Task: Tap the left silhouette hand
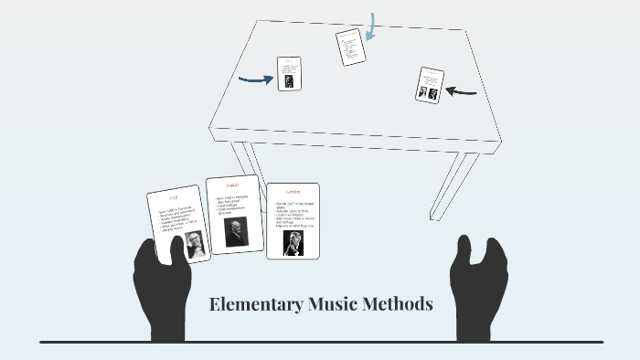[x=162, y=288]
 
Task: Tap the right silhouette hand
[x=477, y=288]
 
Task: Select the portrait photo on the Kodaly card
[x=235, y=231]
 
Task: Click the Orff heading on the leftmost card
[x=174, y=198]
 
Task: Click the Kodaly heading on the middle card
[x=232, y=185]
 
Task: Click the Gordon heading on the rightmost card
[x=293, y=192]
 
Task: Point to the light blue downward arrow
[x=371, y=27]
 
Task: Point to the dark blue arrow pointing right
[x=255, y=79]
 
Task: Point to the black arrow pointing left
[x=462, y=90]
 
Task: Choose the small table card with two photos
[x=429, y=85]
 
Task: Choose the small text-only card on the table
[x=350, y=47]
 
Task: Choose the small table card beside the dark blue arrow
[x=289, y=73]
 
